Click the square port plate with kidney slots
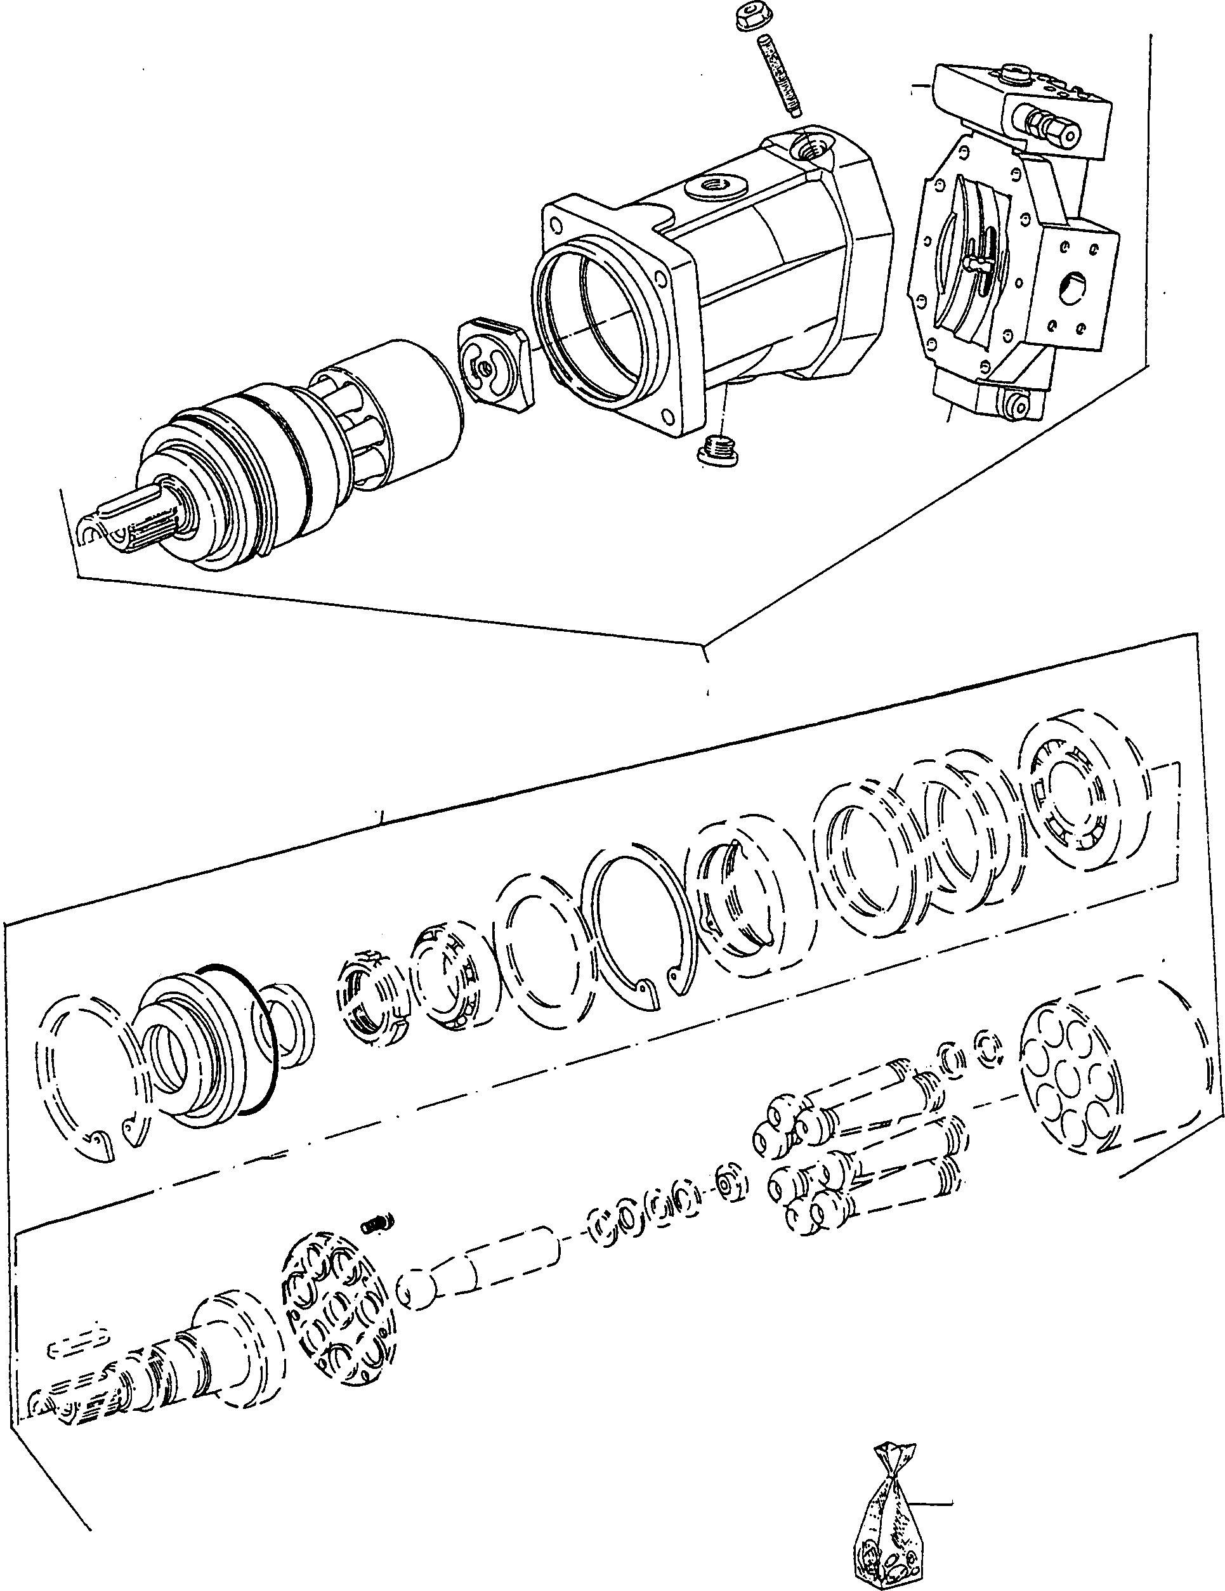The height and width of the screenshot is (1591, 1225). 495,362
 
